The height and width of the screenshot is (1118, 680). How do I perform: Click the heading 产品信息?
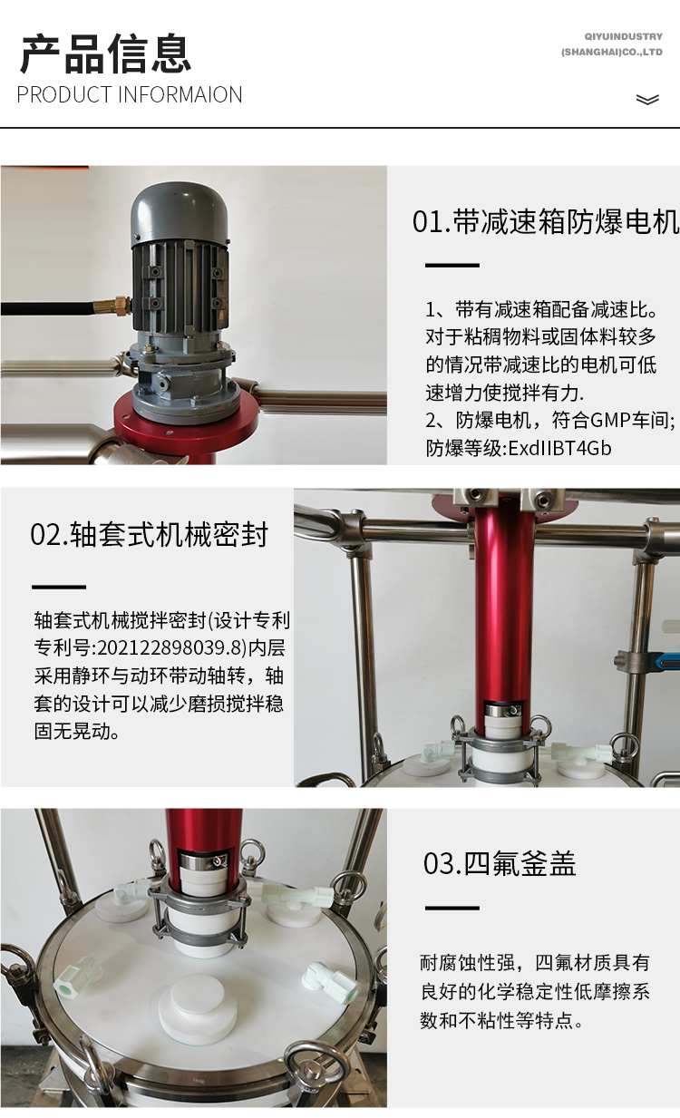[x=105, y=53]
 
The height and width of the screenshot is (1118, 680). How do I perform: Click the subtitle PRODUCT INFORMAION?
[x=130, y=95]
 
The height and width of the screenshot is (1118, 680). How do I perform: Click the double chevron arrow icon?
[x=647, y=100]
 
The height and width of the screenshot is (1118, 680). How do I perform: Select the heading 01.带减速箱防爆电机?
[x=546, y=222]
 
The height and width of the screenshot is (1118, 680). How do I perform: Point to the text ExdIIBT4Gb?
[x=559, y=448]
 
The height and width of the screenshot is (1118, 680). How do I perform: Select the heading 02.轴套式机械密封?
[x=150, y=535]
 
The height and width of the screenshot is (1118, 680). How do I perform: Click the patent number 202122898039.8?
[x=170, y=647]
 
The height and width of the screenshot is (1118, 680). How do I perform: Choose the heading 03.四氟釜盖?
[x=500, y=863]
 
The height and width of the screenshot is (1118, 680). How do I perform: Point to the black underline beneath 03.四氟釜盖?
[x=452, y=908]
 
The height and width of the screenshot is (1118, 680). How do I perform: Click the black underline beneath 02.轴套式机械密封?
[x=59, y=587]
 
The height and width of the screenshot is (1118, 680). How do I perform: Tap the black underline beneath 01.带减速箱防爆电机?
[x=452, y=265]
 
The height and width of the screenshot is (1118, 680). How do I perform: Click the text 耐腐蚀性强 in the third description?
[x=466, y=963]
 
